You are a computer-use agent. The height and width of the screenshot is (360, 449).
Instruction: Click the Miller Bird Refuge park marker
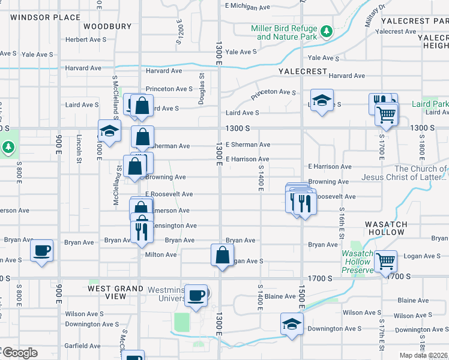click(x=326, y=31)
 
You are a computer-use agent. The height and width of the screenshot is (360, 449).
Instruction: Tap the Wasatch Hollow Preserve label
click(x=357, y=262)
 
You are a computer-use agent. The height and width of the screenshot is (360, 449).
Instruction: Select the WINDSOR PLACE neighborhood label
click(x=45, y=17)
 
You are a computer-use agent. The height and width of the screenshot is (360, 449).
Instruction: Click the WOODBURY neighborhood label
click(x=107, y=26)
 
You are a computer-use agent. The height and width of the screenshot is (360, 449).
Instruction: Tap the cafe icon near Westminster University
click(x=196, y=295)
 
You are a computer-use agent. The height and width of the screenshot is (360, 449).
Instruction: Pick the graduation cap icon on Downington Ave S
click(x=292, y=324)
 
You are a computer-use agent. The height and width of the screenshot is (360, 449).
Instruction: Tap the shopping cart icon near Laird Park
click(x=387, y=113)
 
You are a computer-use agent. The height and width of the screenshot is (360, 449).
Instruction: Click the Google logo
click(x=20, y=352)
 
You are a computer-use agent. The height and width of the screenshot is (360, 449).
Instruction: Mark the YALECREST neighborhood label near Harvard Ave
click(x=303, y=71)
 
